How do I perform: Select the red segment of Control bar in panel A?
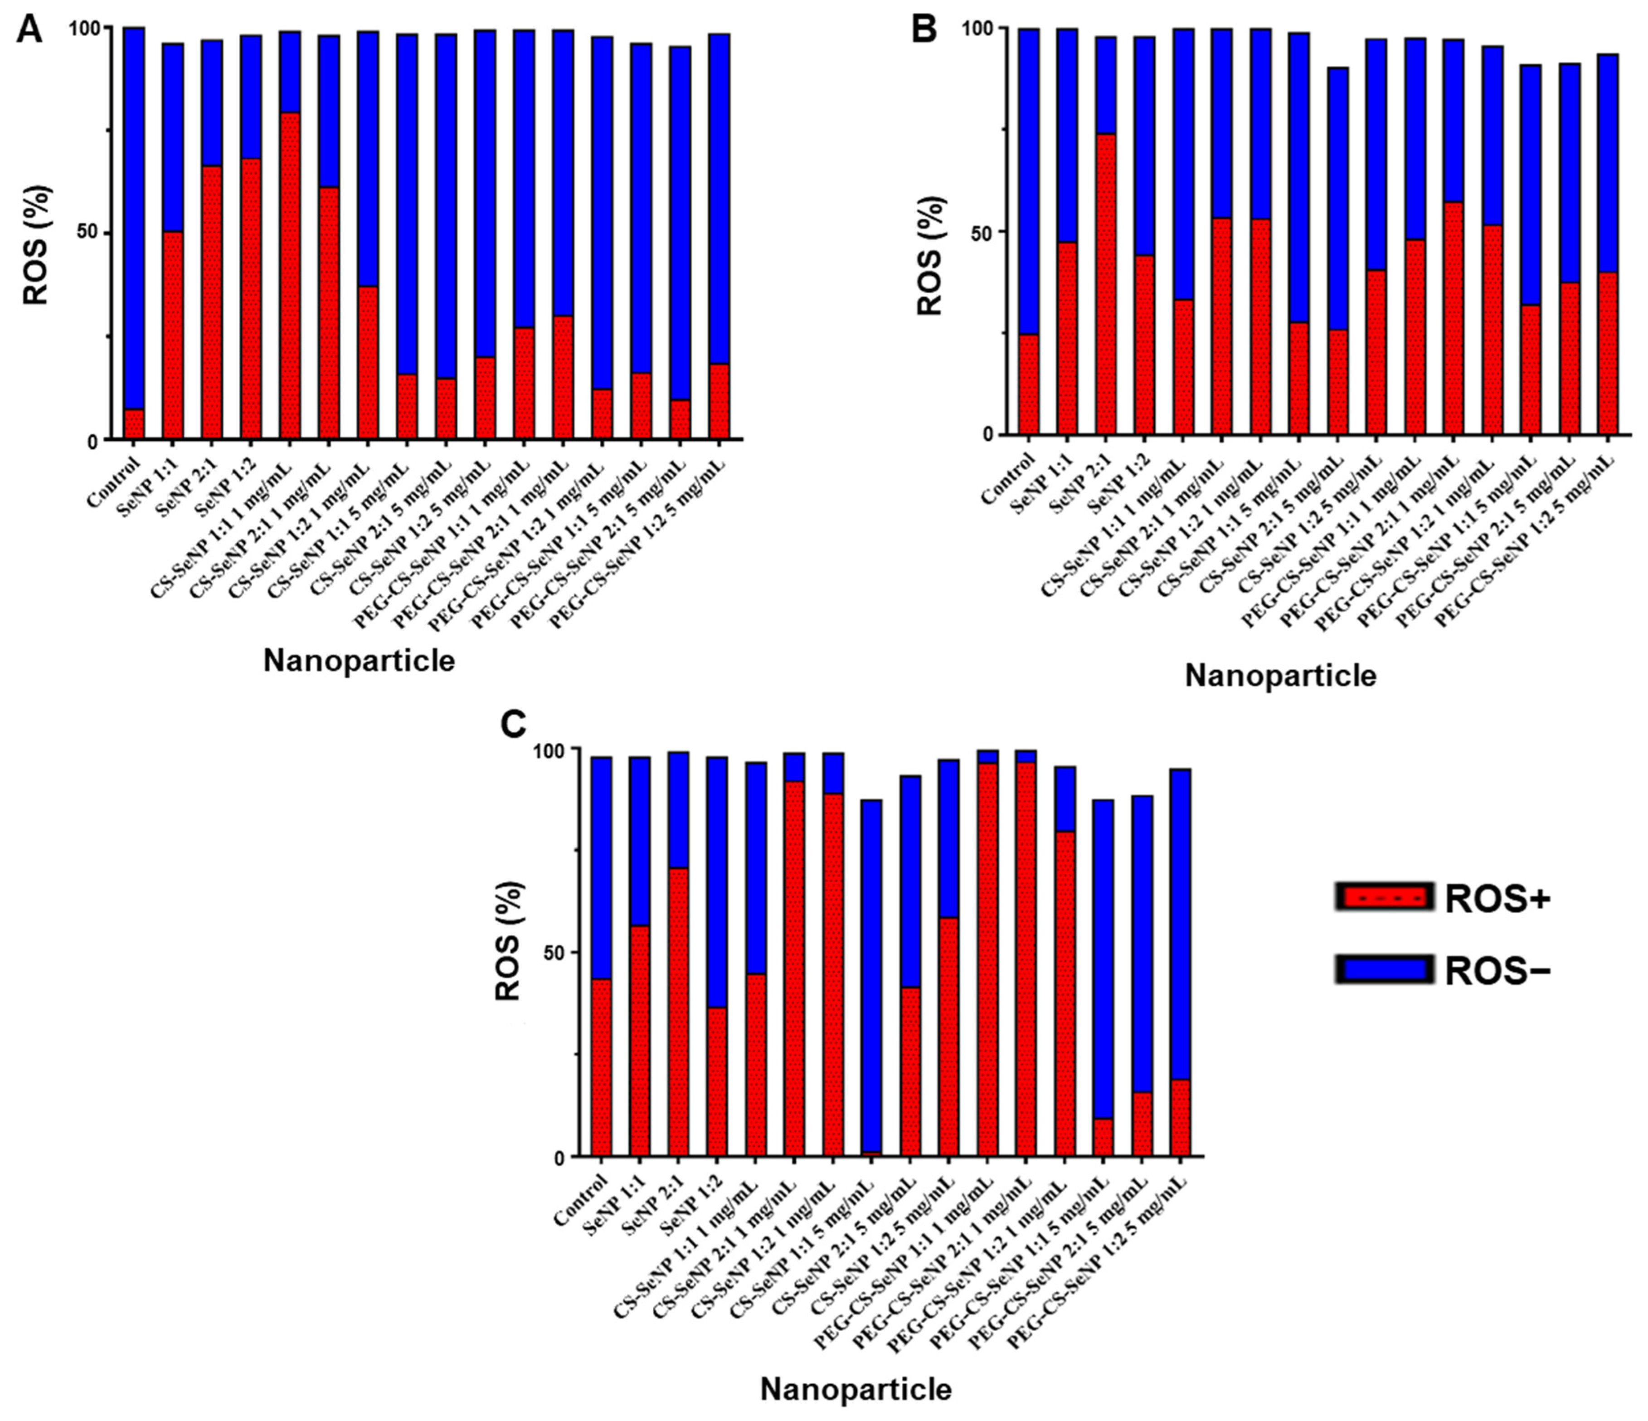pyautogui.click(x=134, y=423)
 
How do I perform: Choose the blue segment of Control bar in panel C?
pyautogui.click(x=601, y=868)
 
